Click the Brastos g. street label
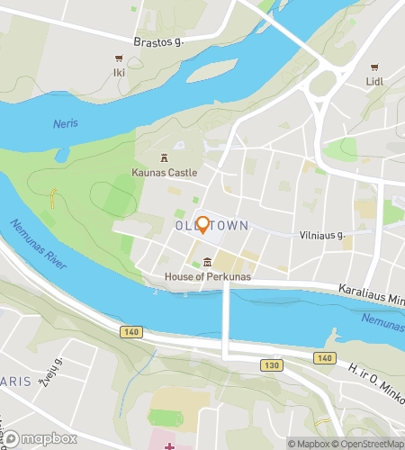(158, 41)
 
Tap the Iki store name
(118, 72)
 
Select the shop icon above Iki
(118, 58)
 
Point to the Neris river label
(65, 123)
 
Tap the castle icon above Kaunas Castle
(164, 157)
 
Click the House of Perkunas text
(208, 276)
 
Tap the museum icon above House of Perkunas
(208, 263)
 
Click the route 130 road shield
(273, 365)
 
